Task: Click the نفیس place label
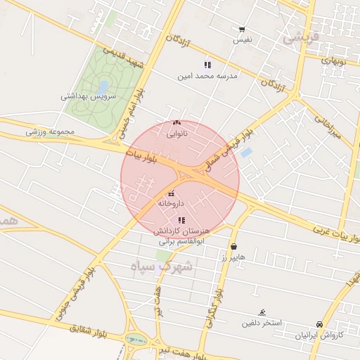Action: click(243, 40)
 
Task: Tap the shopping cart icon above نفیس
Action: click(242, 30)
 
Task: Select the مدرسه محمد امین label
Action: click(207, 75)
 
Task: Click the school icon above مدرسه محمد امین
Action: click(207, 65)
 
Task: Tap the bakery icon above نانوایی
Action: click(176, 122)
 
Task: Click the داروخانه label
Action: click(171, 203)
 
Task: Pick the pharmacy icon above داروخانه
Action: click(171, 193)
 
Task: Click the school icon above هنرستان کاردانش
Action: click(181, 220)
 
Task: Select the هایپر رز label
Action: click(233, 257)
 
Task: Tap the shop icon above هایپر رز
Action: click(233, 247)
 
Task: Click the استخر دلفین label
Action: click(262, 323)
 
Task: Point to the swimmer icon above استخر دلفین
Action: click(262, 313)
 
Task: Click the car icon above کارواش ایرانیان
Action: click(320, 325)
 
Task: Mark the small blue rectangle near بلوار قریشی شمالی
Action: click(246, 152)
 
